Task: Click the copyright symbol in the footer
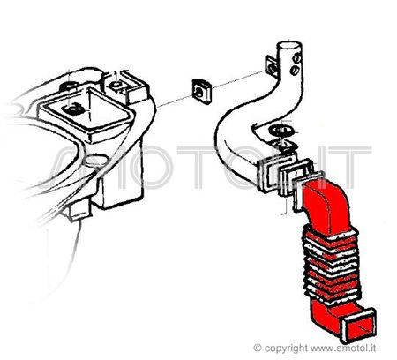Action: point(258,348)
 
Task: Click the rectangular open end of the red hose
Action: point(358,325)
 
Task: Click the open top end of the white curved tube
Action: point(289,46)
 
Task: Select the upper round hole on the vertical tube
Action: point(296,59)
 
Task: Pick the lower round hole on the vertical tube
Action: point(295,70)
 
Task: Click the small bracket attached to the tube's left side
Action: point(272,66)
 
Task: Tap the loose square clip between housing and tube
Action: point(202,91)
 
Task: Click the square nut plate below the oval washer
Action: point(284,146)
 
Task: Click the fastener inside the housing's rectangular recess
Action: point(72,108)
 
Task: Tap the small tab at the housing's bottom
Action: point(79,209)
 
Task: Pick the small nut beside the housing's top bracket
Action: point(116,86)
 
